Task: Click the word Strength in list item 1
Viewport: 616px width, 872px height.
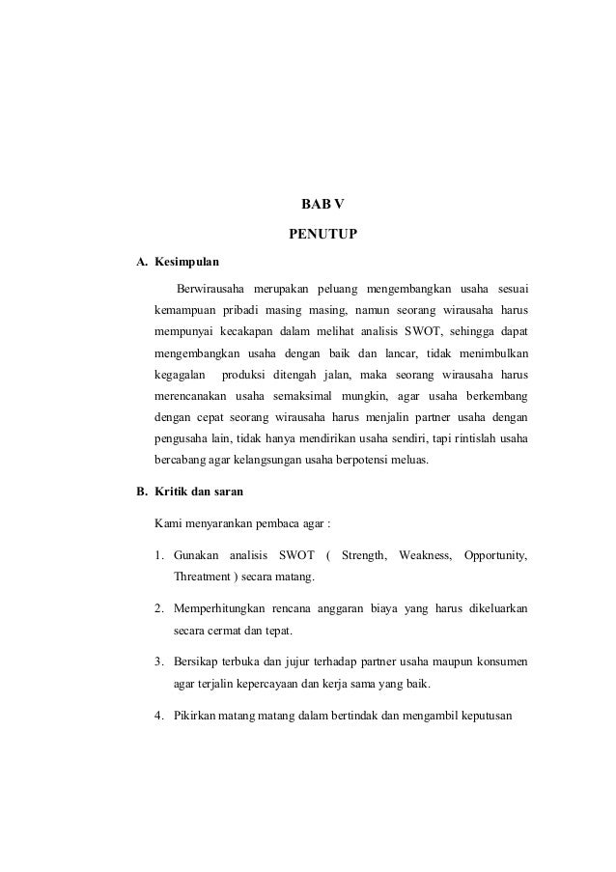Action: (x=364, y=555)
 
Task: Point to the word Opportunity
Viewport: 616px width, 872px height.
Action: (x=495, y=555)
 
